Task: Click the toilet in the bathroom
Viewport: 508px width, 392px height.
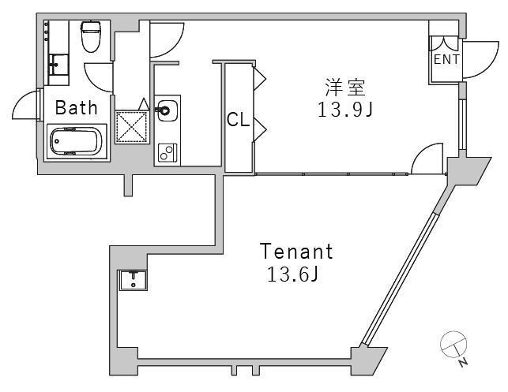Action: (90, 36)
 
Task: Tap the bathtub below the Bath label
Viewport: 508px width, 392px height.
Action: (77, 141)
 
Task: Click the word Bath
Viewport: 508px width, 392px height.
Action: (76, 108)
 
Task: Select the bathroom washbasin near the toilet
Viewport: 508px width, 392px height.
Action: (58, 65)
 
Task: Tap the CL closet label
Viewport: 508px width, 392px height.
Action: (238, 119)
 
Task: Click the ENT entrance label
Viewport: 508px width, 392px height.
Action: (446, 59)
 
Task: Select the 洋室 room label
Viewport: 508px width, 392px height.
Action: (345, 88)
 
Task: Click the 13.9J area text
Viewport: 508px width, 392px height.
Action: (345, 110)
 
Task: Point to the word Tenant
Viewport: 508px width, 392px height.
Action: (296, 252)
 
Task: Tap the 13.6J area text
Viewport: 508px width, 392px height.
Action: (292, 275)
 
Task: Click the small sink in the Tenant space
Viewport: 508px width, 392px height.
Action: (133, 280)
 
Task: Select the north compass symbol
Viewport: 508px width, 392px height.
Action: (453, 345)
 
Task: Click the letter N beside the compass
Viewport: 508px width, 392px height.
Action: (463, 363)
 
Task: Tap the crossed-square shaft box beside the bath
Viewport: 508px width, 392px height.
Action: (132, 127)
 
